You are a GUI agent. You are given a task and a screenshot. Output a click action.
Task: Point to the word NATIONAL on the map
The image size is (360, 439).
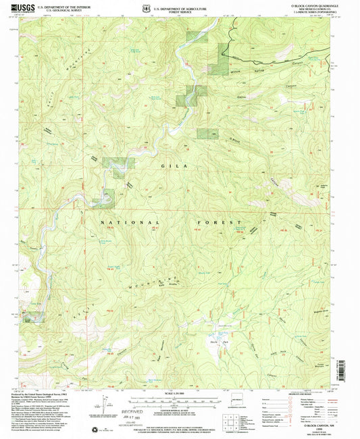[x=131, y=222]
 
